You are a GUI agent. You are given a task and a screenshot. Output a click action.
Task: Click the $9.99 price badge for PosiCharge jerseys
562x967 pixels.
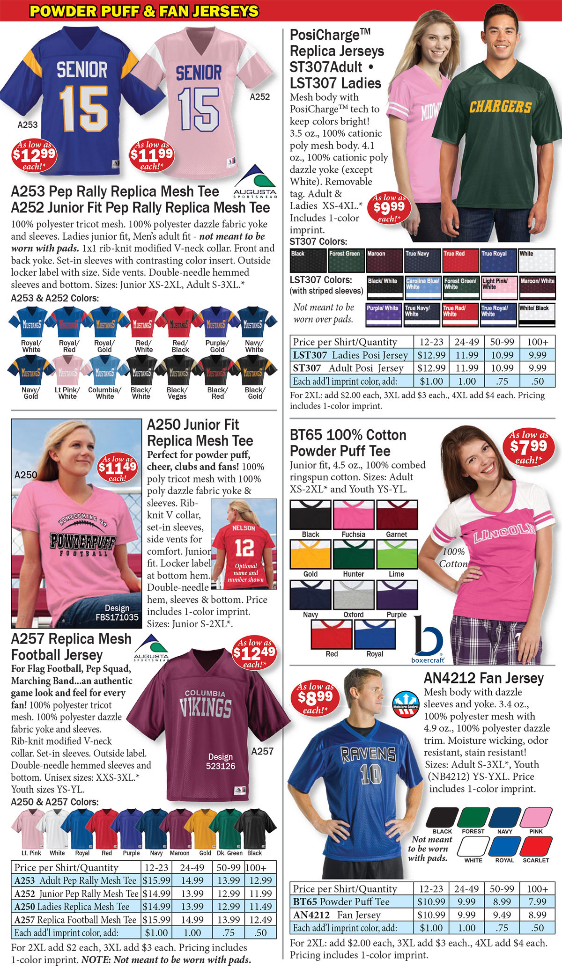tap(389, 208)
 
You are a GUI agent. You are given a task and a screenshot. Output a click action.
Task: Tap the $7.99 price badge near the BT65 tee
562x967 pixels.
tap(528, 448)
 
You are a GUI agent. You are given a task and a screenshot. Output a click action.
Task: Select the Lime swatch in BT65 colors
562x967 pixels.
tap(396, 554)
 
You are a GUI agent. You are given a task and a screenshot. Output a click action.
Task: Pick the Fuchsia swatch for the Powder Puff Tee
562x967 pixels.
tap(353, 515)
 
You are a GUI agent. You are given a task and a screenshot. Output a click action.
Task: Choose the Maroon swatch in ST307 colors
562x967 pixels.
tap(385, 260)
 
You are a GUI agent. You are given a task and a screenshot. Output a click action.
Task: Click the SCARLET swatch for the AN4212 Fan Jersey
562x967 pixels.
tap(536, 847)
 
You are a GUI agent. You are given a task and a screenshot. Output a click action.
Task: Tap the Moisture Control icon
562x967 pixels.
tap(406, 703)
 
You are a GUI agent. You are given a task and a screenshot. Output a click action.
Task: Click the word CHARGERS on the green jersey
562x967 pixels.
tap(500, 107)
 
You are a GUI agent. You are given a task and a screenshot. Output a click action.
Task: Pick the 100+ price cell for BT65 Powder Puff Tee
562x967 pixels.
tap(537, 901)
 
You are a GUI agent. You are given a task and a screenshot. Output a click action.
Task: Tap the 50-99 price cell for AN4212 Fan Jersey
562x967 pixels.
tap(502, 915)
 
